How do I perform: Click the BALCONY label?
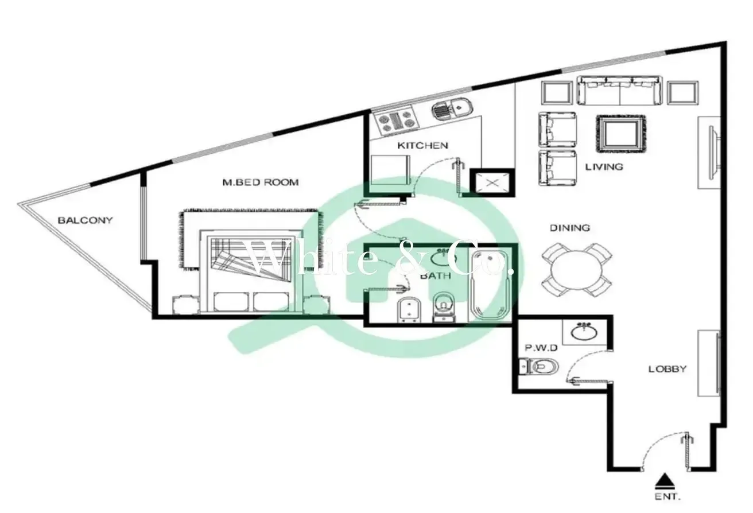tap(85, 220)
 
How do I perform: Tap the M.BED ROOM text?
tap(261, 182)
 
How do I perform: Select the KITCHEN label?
tap(422, 146)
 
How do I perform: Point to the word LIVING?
tap(604, 167)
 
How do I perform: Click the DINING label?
tap(569, 228)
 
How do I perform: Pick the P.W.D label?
tap(541, 348)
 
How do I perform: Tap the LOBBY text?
tap(667, 369)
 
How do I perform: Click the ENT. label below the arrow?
tap(667, 496)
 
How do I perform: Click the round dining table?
tap(576, 270)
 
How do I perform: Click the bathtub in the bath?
tap(490, 286)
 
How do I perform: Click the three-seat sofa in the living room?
tap(619, 90)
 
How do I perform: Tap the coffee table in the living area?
tap(620, 134)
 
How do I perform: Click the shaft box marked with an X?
tap(492, 183)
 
